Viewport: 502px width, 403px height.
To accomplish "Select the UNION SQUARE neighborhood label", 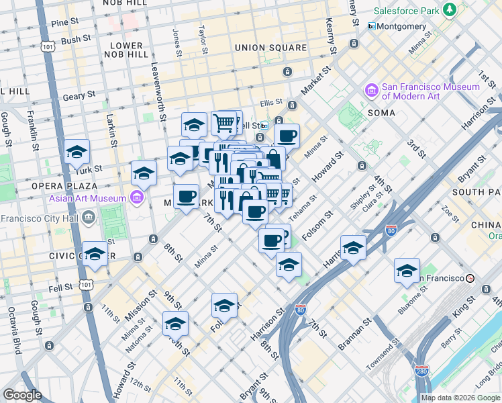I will coord(270,48).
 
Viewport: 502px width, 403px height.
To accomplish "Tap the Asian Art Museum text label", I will coord(87,198).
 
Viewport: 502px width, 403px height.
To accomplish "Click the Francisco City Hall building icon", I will coord(88,217).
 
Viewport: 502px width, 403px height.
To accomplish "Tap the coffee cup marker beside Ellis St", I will coord(287,136).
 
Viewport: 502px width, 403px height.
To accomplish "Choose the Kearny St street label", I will coord(331,32).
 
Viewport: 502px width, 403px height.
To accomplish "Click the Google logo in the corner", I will coord(22,395).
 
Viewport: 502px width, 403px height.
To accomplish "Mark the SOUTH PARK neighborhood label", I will coord(476,192).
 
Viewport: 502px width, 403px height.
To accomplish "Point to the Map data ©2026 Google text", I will coord(460,398).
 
